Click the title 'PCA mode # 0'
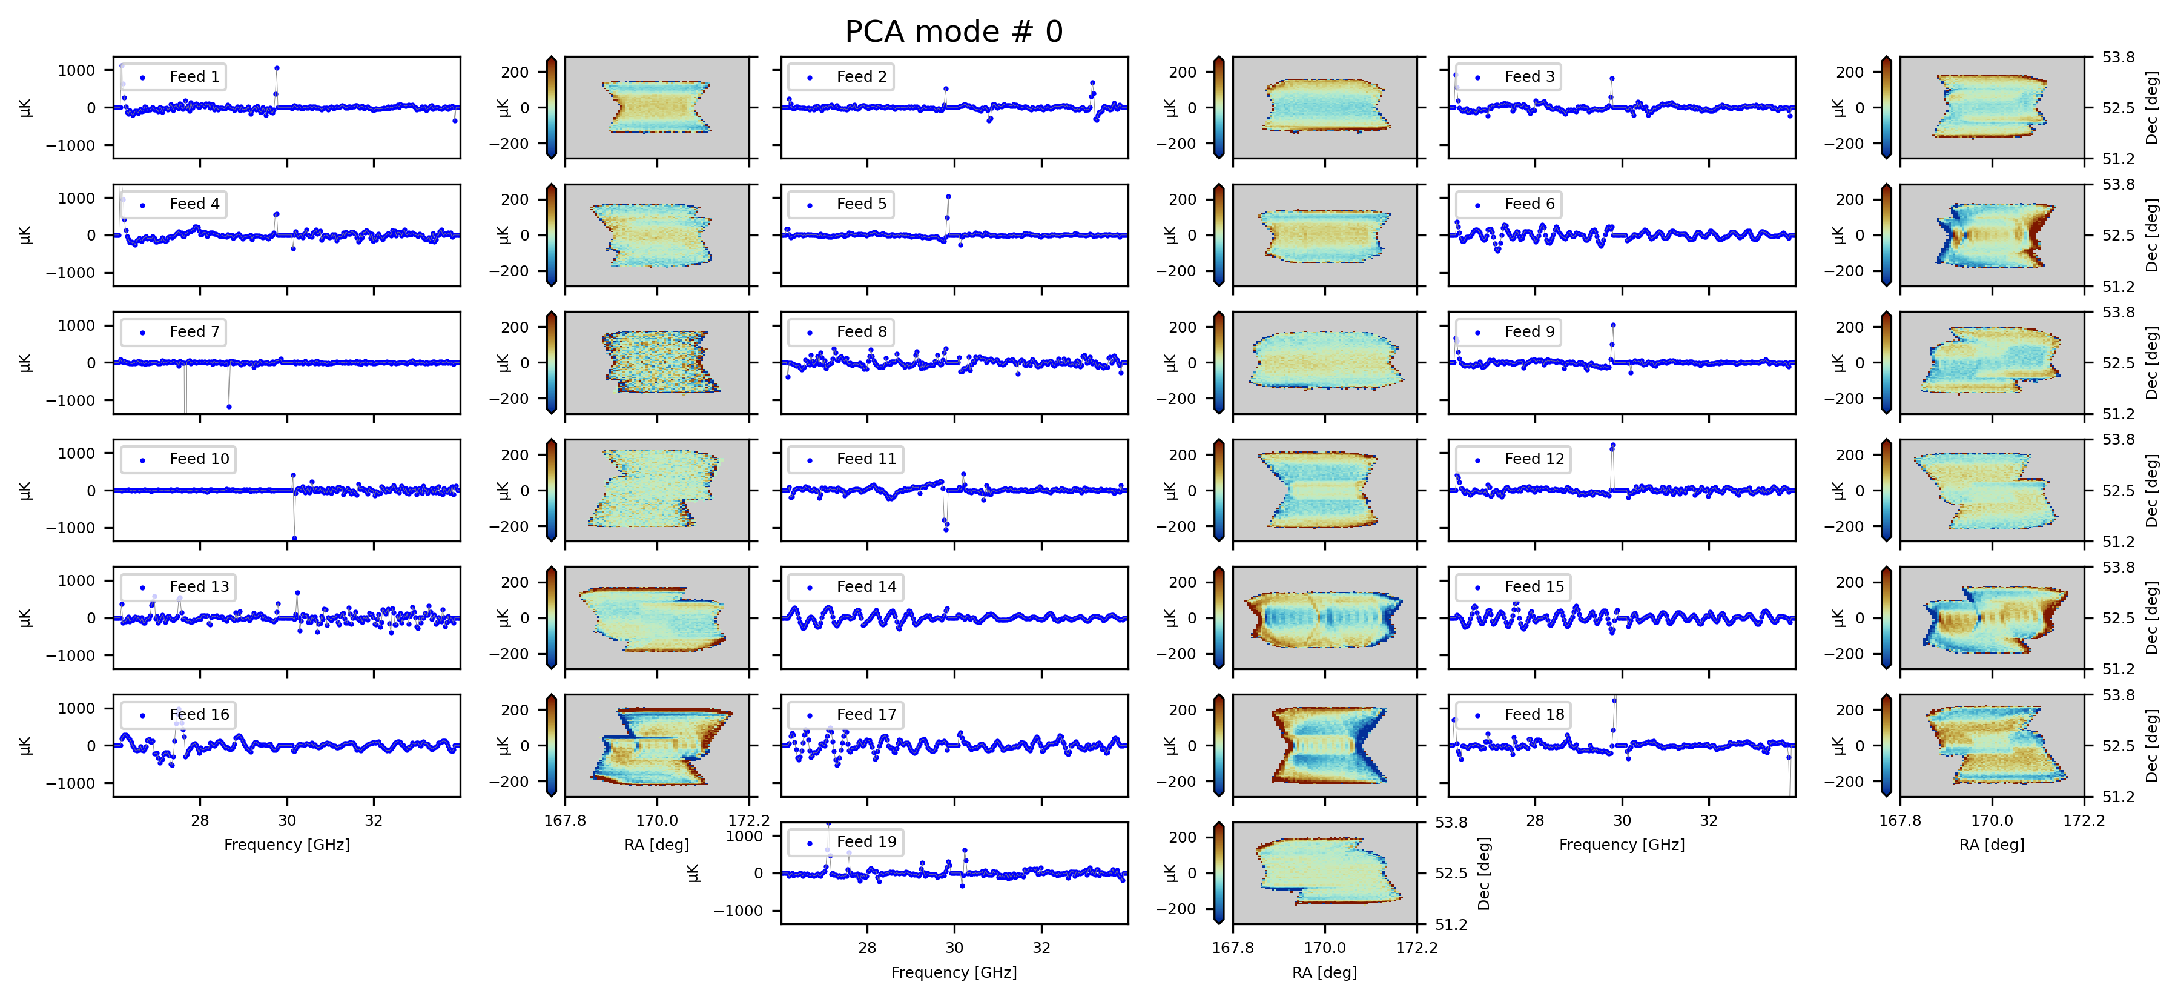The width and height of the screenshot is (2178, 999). point(954,32)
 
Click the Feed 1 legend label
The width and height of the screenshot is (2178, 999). point(194,77)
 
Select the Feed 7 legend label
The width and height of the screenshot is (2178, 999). point(194,331)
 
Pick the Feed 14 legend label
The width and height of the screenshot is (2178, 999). point(866,587)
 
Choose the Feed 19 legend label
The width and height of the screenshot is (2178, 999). point(866,841)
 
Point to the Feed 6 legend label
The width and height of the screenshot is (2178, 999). point(1530,204)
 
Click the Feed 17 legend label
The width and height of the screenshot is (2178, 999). point(866,715)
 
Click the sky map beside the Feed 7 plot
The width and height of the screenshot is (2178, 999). point(657,363)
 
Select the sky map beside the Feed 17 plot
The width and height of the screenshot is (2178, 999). point(1325,745)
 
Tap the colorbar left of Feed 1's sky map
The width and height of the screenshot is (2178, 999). point(551,107)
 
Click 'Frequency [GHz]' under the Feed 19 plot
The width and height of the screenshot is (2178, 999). point(954,973)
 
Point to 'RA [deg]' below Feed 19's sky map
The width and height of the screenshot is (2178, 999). point(1325,973)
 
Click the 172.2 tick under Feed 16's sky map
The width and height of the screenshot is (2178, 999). point(749,820)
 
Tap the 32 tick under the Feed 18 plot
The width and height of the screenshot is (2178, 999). point(1709,820)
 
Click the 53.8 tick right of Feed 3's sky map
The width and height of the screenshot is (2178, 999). point(2119,58)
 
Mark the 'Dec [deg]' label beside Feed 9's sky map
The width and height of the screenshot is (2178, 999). point(2152,363)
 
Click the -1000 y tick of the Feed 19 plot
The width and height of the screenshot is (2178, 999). point(739,911)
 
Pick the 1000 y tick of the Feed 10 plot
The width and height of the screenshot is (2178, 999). point(76,453)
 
